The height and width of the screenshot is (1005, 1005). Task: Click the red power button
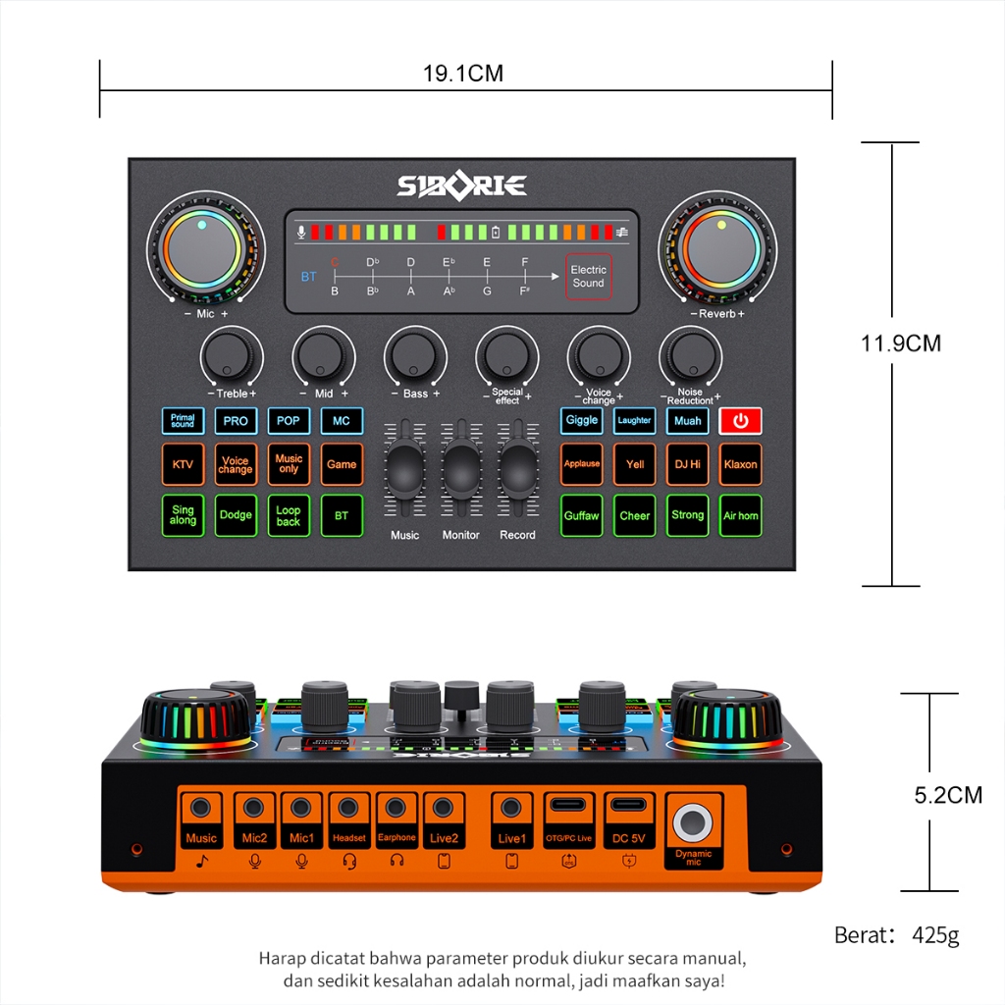pos(740,421)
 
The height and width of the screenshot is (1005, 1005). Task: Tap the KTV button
pos(183,464)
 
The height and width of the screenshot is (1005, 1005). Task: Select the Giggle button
pos(581,421)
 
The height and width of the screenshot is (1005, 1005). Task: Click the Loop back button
pos(289,515)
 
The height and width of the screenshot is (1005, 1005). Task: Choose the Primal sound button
pos(183,421)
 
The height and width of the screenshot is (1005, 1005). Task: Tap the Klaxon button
pos(740,464)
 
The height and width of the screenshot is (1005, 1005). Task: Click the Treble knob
pos(231,355)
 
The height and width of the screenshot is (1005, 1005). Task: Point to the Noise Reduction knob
pos(691,355)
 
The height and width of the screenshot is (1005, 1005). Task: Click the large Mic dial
pos(203,249)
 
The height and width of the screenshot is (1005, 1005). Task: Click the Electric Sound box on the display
pos(589,276)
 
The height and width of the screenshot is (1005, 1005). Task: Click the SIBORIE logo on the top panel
pos(461,185)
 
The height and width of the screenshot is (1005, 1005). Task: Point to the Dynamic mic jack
pos(694,821)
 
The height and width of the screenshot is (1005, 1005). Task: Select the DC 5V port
pos(629,807)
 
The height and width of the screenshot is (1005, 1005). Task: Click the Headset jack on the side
pos(348,809)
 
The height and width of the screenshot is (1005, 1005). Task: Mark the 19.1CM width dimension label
pos(463,74)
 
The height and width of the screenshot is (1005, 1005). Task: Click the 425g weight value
pos(935,935)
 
